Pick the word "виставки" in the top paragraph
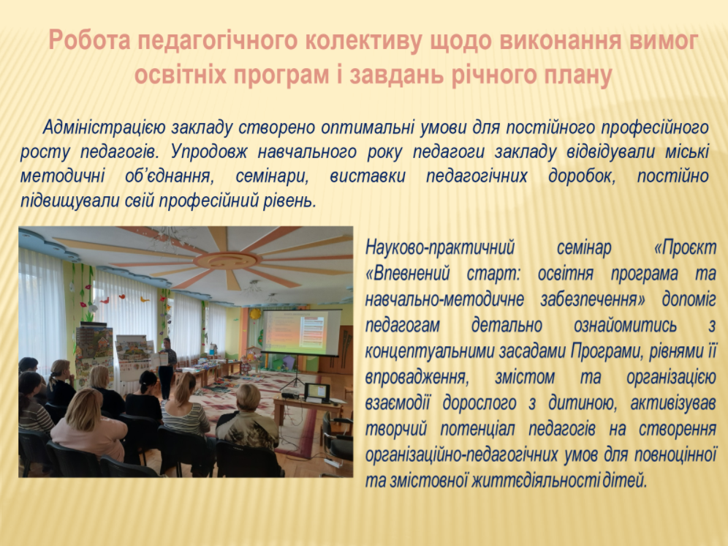pyautogui.click(x=368, y=176)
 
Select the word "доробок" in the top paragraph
pyautogui.click(x=582, y=176)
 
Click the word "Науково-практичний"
pyautogui.click(x=440, y=247)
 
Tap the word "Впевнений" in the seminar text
pyautogui.click(x=407, y=274)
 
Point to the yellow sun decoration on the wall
pyautogui.click(x=255, y=315)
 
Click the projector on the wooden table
pyautogui.click(x=291, y=394)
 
